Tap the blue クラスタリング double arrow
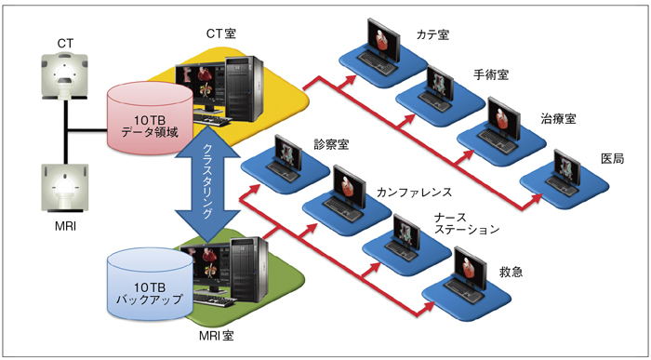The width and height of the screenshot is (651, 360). [x=207, y=182]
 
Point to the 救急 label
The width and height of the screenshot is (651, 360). [x=511, y=272]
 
